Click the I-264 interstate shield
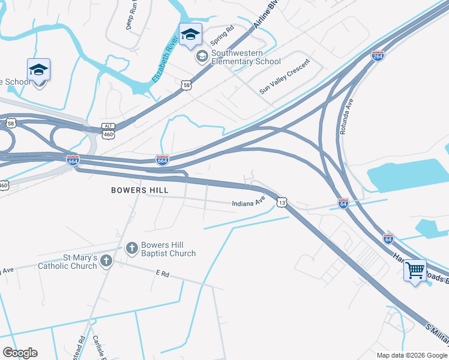378,56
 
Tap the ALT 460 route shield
108,130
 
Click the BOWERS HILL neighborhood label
140,190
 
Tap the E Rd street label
163,273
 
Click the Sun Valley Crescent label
285,76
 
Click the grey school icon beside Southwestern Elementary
202,56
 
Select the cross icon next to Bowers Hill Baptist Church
132,248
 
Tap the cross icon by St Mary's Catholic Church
106,260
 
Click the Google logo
20,352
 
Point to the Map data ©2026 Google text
412,355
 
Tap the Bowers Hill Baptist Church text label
168,249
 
